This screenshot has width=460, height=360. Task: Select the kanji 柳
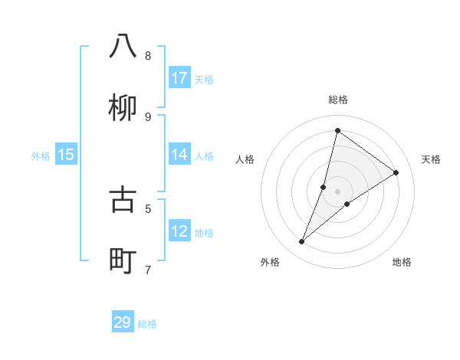point(123,109)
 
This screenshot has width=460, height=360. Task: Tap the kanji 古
point(123,199)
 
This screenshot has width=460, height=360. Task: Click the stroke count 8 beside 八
point(148,55)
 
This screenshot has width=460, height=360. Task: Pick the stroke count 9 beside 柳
point(148,116)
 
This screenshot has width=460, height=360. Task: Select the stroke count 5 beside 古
point(148,208)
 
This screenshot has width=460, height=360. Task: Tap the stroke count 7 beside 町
point(148,270)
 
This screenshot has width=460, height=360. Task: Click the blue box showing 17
point(179,78)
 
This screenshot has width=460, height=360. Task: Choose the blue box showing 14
point(179,155)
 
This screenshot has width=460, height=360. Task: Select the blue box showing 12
point(179,231)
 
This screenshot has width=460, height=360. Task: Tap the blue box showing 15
point(66,155)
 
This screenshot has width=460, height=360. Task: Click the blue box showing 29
point(123,322)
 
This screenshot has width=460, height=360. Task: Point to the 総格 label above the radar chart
point(338,100)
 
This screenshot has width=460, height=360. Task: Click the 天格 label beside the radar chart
point(431,159)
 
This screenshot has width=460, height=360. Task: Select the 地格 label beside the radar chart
point(402,262)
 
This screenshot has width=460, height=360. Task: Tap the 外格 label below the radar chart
point(270,262)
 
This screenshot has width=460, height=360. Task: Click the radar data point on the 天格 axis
point(396,173)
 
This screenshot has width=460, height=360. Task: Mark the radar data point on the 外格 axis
point(302,242)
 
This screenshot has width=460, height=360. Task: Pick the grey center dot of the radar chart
point(338,191)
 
